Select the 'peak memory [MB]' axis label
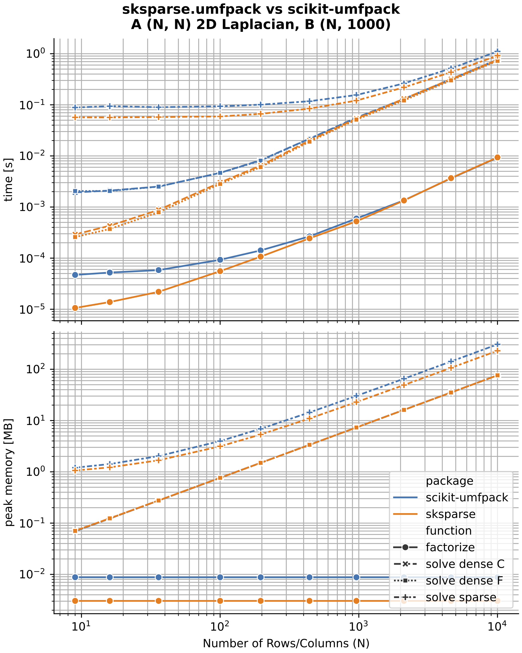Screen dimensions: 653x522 [x=9, y=473]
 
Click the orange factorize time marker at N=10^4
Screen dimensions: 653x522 [x=497, y=158]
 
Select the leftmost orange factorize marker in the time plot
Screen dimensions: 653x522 [x=75, y=308]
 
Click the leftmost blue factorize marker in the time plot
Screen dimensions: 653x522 [x=75, y=275]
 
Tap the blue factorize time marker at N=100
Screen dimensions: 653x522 [x=220, y=260]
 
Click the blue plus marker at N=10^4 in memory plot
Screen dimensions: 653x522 [x=497, y=344]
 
